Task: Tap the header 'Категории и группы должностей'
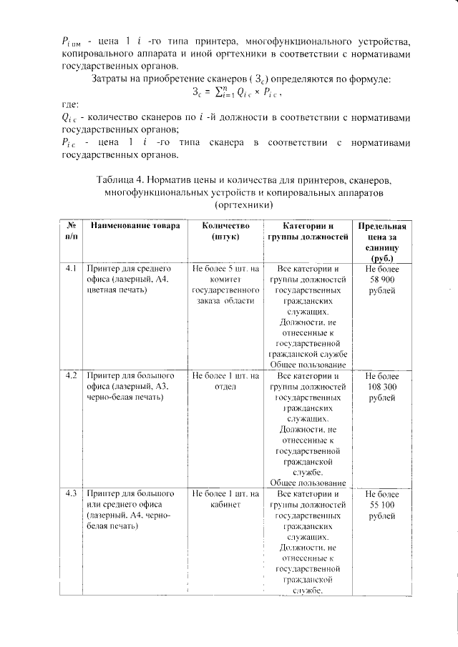(307, 230)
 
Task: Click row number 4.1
(70, 269)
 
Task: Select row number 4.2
(70, 375)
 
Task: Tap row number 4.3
(70, 494)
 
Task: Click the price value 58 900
(386, 280)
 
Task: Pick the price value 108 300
(386, 386)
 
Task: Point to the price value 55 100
(386, 505)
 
